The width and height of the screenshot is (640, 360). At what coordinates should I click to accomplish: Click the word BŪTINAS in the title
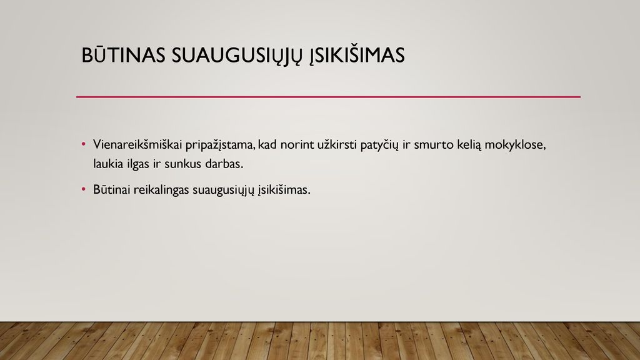click(x=123, y=55)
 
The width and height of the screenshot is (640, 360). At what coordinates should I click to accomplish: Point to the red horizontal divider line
click(x=328, y=97)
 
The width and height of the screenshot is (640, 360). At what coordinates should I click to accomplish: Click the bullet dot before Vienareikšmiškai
click(x=84, y=144)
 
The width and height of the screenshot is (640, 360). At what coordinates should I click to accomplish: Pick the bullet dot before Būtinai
click(x=84, y=189)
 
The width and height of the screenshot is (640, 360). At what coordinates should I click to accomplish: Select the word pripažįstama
click(x=220, y=145)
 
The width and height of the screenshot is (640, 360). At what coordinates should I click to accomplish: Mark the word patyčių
click(x=379, y=145)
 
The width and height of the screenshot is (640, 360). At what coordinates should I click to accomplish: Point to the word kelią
click(x=469, y=145)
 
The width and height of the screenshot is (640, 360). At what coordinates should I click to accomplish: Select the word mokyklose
click(x=515, y=145)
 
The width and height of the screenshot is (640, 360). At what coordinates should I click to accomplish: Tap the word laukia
click(x=108, y=164)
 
